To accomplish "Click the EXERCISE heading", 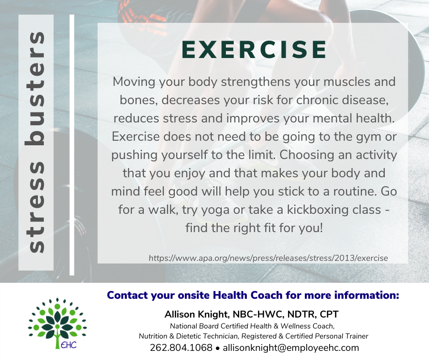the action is tap(254, 50).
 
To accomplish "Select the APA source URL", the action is tap(268, 258).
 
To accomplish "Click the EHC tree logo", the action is tap(57, 323).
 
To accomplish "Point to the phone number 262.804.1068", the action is tap(181, 348).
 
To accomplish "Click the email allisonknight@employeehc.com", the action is tap(291, 348).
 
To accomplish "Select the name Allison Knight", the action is tap(196, 314).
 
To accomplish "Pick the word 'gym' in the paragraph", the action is tap(369, 137).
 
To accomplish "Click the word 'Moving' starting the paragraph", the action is tap(134, 82).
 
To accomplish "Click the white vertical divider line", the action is tap(72, 145).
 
